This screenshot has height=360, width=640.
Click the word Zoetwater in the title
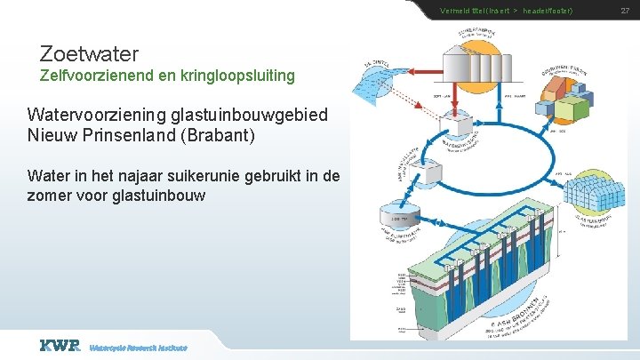coord(89,54)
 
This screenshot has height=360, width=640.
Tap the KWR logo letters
coord(60,345)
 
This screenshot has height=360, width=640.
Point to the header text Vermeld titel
coord(462,10)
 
